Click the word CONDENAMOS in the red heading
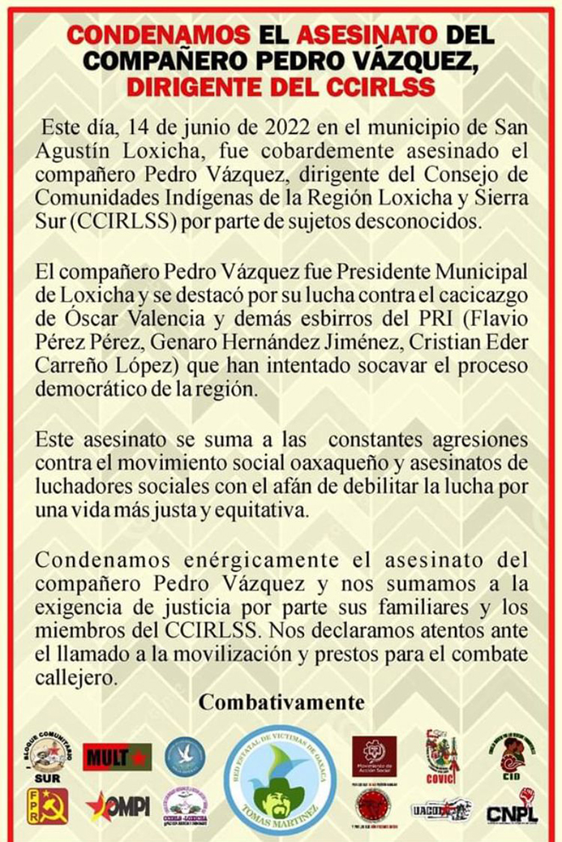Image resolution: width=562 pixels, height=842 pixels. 159,35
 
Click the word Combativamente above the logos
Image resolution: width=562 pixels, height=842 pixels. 281,704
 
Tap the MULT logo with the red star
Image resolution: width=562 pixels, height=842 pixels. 116,756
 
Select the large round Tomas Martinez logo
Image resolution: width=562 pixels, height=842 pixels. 280,780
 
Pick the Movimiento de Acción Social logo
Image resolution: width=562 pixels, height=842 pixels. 374,755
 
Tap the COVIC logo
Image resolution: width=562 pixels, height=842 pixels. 442,756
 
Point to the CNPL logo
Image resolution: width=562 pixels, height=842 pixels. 512,807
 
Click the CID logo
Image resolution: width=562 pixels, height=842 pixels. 512,755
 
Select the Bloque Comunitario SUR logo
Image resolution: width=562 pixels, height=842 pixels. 48,756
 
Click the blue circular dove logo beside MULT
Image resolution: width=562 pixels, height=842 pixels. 185,756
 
